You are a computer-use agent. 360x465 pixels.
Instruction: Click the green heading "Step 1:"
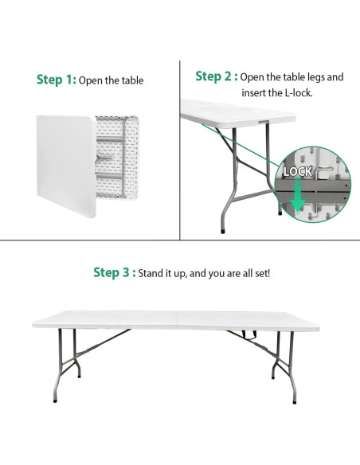pos(57,80)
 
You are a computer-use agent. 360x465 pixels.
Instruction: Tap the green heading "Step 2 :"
pos(217,76)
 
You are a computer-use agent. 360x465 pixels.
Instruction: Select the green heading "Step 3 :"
pos(114,273)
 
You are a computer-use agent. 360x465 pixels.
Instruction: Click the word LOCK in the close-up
pos(298,171)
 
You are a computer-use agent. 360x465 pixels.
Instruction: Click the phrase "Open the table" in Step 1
pos(112,80)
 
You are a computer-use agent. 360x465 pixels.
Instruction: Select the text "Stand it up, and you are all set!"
pos(205,274)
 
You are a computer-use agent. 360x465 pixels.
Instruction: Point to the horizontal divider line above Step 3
pos(179,239)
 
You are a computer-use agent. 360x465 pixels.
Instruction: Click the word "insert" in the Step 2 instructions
pos(255,92)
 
